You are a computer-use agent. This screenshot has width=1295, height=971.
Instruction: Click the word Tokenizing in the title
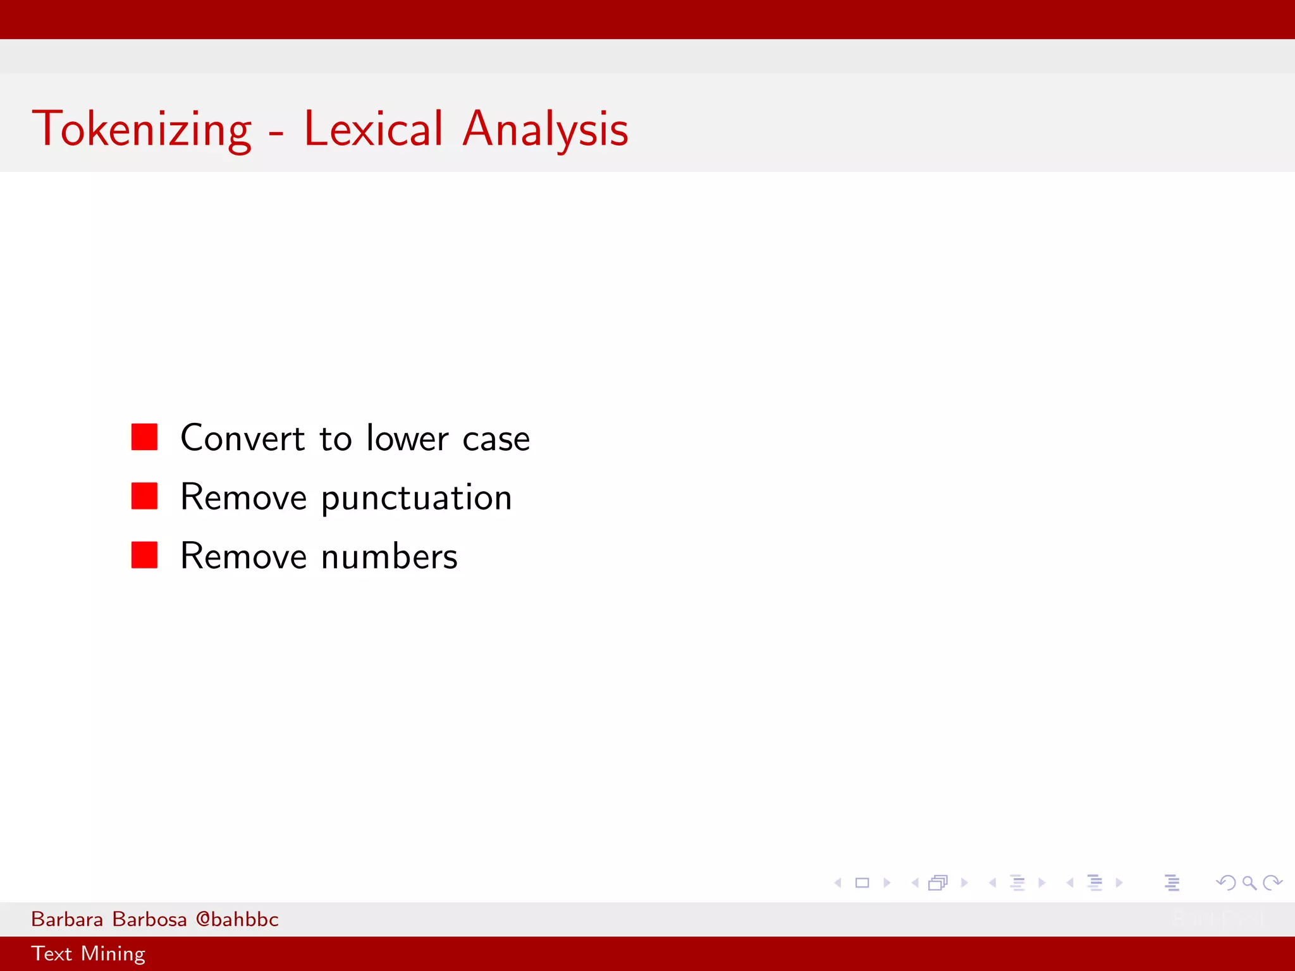(x=142, y=130)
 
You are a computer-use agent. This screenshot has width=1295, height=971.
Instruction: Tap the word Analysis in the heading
(x=545, y=130)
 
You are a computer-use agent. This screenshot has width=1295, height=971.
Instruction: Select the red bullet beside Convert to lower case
(x=144, y=437)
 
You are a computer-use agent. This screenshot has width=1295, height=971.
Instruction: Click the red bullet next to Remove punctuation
(x=144, y=496)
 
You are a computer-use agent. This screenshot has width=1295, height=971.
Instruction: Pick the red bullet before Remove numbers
(x=144, y=555)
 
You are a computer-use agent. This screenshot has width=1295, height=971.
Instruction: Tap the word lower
(x=407, y=438)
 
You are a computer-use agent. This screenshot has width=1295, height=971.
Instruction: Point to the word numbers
(x=389, y=557)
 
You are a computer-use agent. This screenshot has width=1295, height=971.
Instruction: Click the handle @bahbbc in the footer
(x=237, y=919)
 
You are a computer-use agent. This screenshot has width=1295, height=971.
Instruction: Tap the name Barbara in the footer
(x=67, y=919)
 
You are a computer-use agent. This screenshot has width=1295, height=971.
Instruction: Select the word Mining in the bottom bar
(x=113, y=954)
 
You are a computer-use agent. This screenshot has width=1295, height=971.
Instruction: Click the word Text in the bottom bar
(x=51, y=953)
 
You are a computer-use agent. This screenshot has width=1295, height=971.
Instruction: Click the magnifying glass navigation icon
(x=1249, y=882)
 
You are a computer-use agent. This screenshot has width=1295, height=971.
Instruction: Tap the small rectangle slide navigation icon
(x=862, y=882)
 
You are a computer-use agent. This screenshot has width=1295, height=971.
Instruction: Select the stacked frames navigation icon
(x=938, y=882)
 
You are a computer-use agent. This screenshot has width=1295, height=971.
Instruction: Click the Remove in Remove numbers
(x=243, y=557)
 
